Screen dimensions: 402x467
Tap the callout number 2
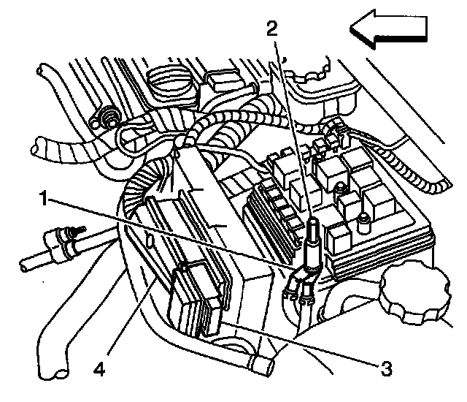click(x=271, y=29)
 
